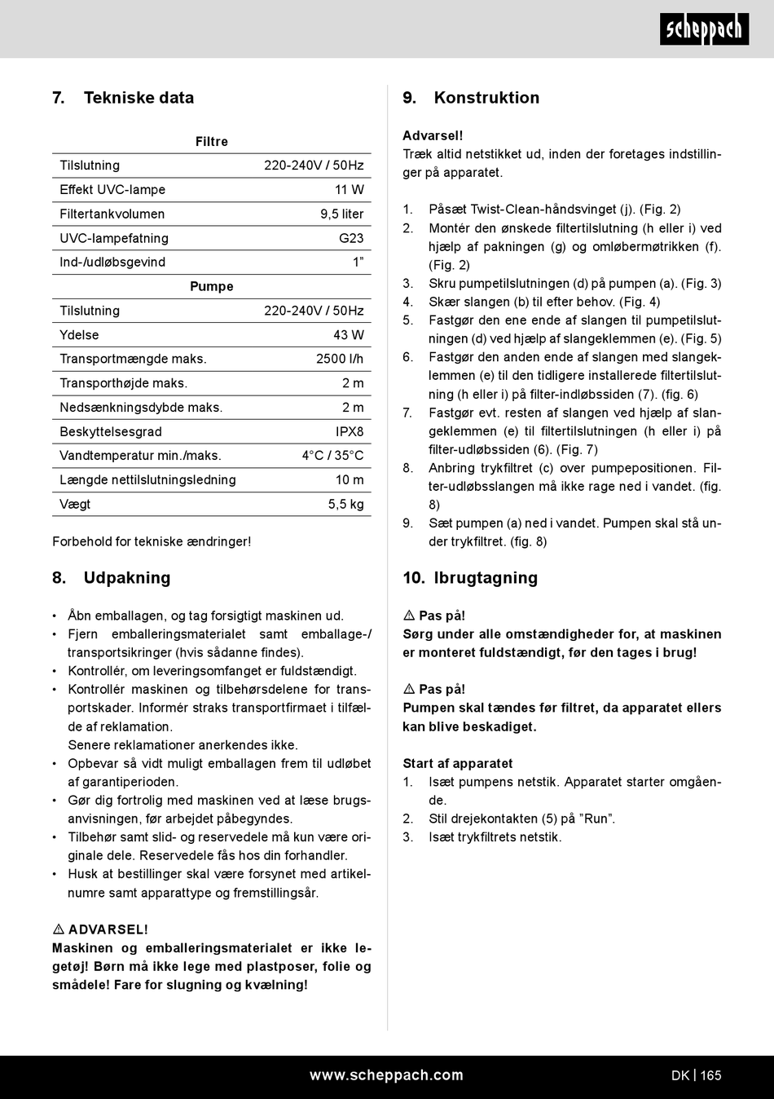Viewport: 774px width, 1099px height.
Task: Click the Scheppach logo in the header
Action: [x=704, y=30]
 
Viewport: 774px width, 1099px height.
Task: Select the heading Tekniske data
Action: [x=139, y=98]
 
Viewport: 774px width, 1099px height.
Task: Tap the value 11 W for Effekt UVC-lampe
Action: [x=350, y=190]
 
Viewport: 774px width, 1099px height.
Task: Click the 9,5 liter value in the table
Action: [x=342, y=214]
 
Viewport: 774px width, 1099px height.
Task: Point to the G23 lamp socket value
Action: [x=351, y=238]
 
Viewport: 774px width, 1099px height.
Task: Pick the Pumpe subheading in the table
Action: [x=212, y=287]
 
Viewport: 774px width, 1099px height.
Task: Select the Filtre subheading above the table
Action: [x=212, y=142]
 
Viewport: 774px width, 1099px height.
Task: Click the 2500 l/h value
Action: [x=340, y=359]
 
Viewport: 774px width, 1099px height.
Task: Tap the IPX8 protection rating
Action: [x=350, y=432]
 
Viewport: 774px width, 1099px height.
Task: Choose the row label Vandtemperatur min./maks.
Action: [x=140, y=456]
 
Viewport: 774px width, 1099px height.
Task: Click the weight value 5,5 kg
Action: [x=346, y=505]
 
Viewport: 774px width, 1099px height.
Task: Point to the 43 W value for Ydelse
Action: [x=349, y=335]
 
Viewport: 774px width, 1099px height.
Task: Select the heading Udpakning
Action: [x=127, y=578]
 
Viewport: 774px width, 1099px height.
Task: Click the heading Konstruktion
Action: [x=486, y=98]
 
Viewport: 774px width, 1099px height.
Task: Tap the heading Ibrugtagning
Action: [x=486, y=578]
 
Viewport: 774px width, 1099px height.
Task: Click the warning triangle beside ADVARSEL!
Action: [x=59, y=929]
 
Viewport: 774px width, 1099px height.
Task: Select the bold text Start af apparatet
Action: [x=458, y=764]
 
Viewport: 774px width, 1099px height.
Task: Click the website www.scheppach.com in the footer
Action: [x=386, y=1075]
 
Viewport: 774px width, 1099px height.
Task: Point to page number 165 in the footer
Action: [x=710, y=1075]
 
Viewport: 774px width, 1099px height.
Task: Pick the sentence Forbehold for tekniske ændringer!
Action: [x=152, y=542]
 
